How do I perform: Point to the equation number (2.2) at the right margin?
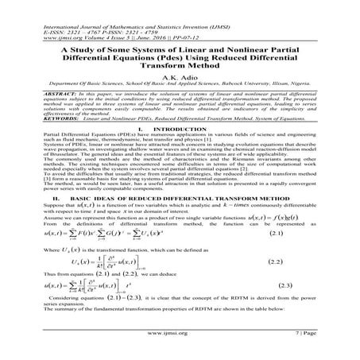point(317,261)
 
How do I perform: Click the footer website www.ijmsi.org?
point(180,346)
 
